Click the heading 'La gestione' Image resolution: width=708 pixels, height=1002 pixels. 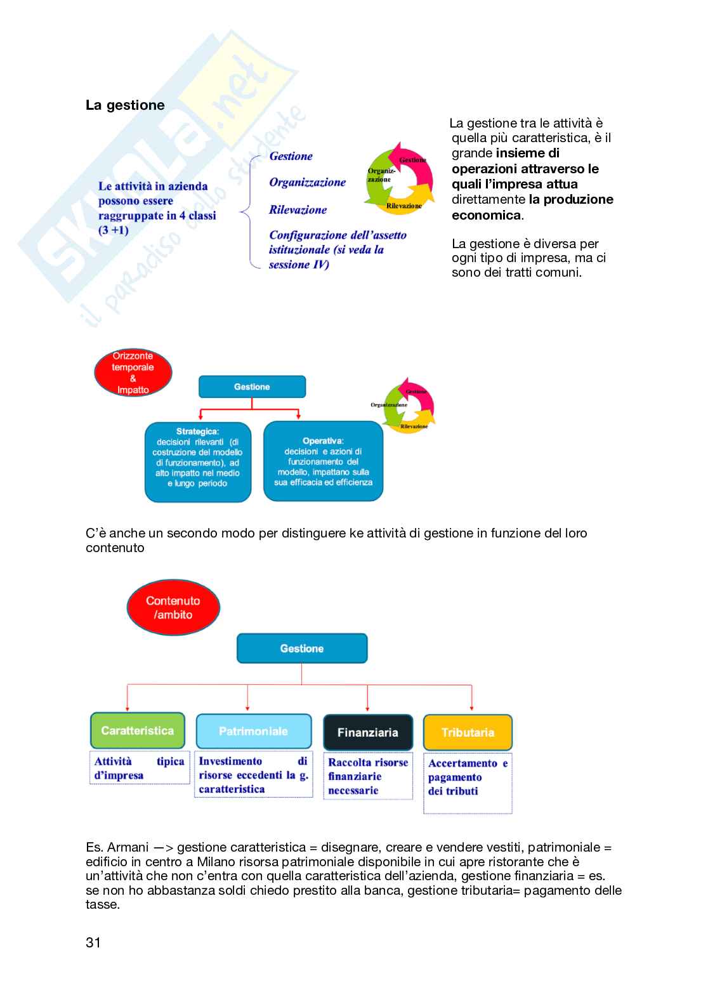(x=125, y=105)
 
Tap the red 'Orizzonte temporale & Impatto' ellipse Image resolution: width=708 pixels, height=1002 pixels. (x=133, y=373)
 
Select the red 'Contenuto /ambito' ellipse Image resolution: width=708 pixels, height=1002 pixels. (x=173, y=607)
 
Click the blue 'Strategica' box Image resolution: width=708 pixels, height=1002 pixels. (x=198, y=462)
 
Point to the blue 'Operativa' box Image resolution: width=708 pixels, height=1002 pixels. (x=323, y=461)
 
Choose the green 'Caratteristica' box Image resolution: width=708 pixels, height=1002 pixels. (x=138, y=731)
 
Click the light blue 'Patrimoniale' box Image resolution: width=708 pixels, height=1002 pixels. (x=253, y=732)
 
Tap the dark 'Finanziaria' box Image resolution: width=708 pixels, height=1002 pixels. (x=368, y=733)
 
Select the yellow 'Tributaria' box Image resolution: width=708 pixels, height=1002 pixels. (x=468, y=733)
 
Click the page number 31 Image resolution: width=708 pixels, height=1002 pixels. (x=93, y=943)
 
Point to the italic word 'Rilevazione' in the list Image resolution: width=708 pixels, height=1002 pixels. (x=298, y=210)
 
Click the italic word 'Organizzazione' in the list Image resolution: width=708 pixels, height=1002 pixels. (x=307, y=183)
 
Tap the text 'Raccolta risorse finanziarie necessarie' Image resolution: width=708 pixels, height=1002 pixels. (x=368, y=776)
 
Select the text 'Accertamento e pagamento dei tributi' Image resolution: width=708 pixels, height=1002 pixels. (x=468, y=777)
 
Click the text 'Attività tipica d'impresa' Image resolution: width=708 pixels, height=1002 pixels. (x=139, y=768)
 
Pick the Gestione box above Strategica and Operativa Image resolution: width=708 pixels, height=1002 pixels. (x=252, y=387)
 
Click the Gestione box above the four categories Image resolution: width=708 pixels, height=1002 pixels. (x=302, y=649)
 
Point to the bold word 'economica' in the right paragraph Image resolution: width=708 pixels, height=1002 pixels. (x=487, y=215)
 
